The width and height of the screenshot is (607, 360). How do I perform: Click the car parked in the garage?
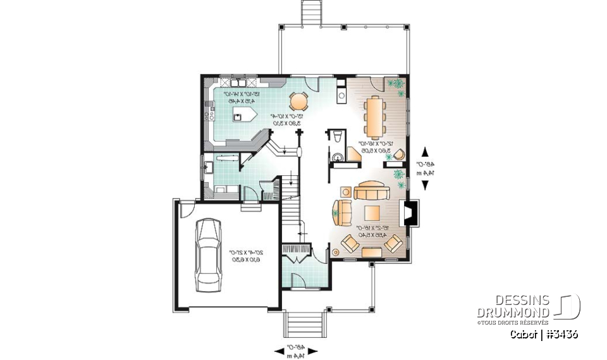(208, 254)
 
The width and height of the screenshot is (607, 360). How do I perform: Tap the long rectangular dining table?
(375, 117)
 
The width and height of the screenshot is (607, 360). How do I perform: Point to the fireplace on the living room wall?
(411, 213)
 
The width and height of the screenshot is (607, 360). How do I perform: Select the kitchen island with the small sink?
(243, 114)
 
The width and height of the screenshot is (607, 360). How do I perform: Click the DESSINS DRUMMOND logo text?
(513, 306)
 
